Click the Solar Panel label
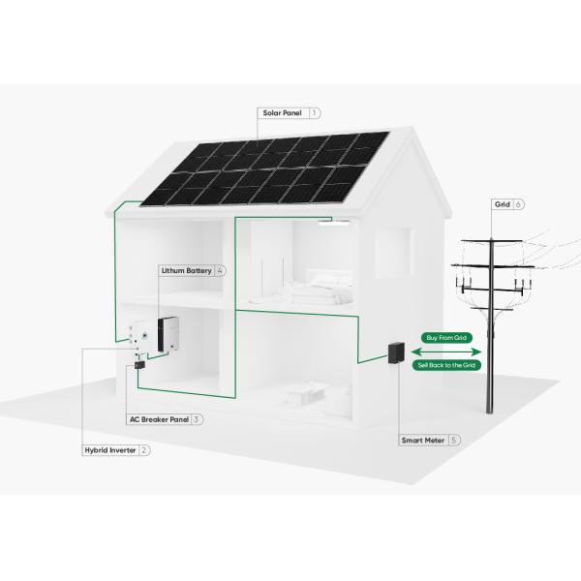282,113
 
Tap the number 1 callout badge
315,113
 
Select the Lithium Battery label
185,270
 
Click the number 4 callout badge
221,270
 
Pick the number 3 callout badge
197,419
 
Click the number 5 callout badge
454,440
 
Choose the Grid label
502,204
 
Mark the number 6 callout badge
520,204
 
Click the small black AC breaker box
139,365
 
